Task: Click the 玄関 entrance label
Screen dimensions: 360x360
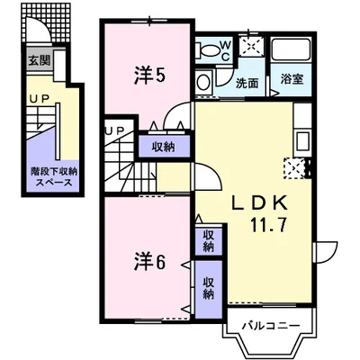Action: click(x=39, y=62)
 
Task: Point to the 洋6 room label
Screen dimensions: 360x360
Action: click(x=150, y=264)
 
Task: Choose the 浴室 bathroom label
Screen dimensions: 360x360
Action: click(x=290, y=78)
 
